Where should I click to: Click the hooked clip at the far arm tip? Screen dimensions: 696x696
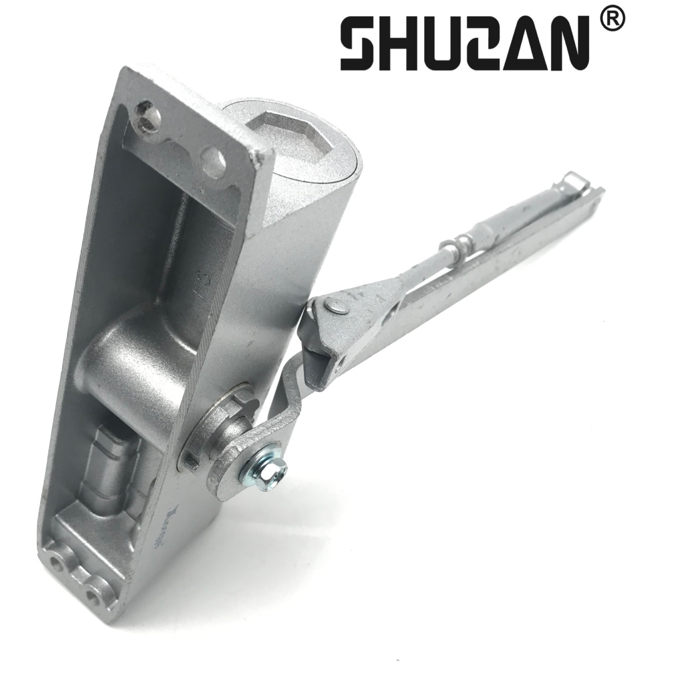pos(573,181)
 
